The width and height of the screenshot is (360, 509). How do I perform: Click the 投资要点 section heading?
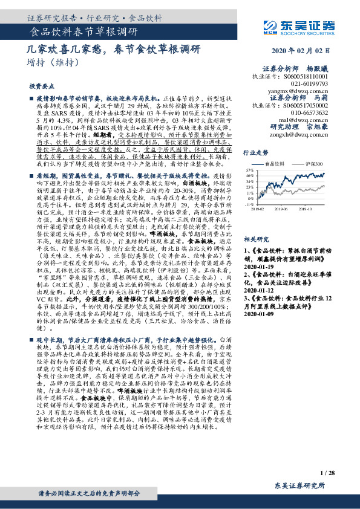click(42, 86)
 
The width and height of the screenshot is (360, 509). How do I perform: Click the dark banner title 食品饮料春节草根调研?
click(83, 31)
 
